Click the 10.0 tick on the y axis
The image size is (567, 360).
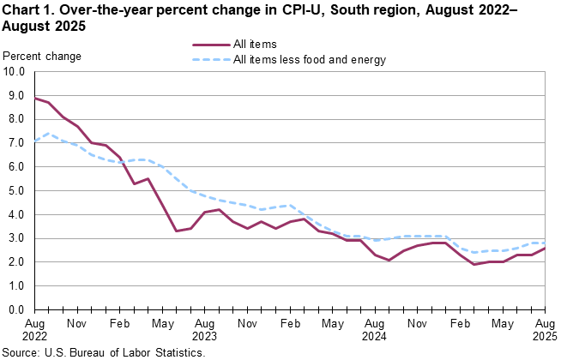15,72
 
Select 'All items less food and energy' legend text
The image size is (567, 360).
310,60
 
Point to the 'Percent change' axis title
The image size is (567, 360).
43,57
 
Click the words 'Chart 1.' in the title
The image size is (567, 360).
27,9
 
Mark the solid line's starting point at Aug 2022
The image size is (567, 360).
35,98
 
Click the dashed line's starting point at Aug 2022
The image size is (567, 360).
35,141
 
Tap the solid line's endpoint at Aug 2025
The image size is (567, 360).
545,248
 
